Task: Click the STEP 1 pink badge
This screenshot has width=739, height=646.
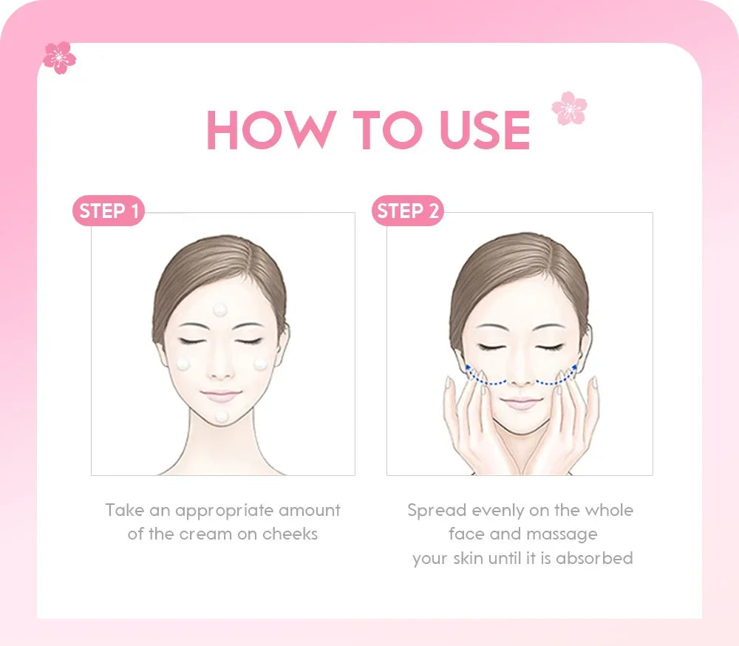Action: coord(109,211)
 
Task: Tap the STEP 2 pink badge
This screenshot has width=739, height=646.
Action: coord(407,211)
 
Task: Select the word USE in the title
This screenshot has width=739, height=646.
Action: coord(485,131)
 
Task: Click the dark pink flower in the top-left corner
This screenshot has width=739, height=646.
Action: coord(59,57)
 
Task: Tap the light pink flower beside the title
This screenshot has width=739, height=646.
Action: coord(569,108)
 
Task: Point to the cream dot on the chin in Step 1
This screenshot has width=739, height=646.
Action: coord(222,417)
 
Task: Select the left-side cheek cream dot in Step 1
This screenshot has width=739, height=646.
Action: coord(184,364)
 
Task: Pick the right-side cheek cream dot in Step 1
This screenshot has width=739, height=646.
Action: coord(261,364)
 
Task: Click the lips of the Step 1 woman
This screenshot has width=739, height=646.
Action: coord(221,395)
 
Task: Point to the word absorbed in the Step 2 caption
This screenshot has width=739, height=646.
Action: coord(594,558)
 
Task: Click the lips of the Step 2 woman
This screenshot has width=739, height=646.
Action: coord(521,402)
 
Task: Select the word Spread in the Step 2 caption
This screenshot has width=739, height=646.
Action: coord(436,510)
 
